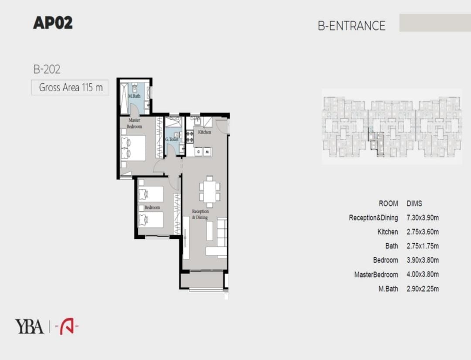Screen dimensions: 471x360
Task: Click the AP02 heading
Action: (53, 23)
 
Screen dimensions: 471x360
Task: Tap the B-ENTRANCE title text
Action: (352, 26)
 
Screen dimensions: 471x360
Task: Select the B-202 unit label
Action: (47, 69)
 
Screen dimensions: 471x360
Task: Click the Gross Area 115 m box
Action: (70, 87)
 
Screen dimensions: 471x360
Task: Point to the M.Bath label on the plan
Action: (134, 96)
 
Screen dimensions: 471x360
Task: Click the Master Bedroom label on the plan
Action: (134, 123)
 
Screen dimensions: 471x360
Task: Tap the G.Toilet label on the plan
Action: (172, 139)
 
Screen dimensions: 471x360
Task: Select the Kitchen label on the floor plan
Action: (205, 132)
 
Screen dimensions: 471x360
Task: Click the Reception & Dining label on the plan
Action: (200, 214)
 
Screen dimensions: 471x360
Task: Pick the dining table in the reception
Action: (210, 192)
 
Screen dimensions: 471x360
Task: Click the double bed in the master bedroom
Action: (133, 148)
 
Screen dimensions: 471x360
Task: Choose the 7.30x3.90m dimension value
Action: (423, 217)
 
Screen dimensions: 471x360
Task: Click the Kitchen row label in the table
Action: (388, 232)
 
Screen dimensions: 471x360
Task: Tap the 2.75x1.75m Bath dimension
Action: (423, 246)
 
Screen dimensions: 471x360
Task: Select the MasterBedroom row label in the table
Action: (376, 275)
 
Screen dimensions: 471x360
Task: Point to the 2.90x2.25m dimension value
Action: (423, 289)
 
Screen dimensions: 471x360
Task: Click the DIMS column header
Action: (414, 204)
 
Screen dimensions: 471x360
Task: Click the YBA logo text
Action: (29, 327)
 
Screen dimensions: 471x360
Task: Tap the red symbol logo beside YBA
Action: (67, 326)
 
